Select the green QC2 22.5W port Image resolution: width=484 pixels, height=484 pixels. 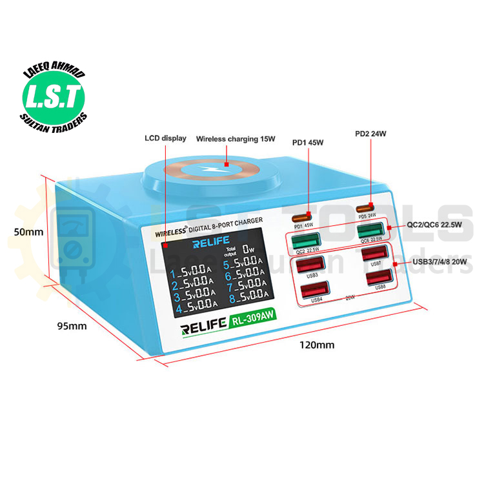tap(304, 242)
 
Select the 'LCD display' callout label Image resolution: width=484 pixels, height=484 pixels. tap(166, 138)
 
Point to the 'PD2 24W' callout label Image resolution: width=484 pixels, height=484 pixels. tap(370, 134)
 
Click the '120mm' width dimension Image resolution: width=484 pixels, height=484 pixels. tap(316, 345)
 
